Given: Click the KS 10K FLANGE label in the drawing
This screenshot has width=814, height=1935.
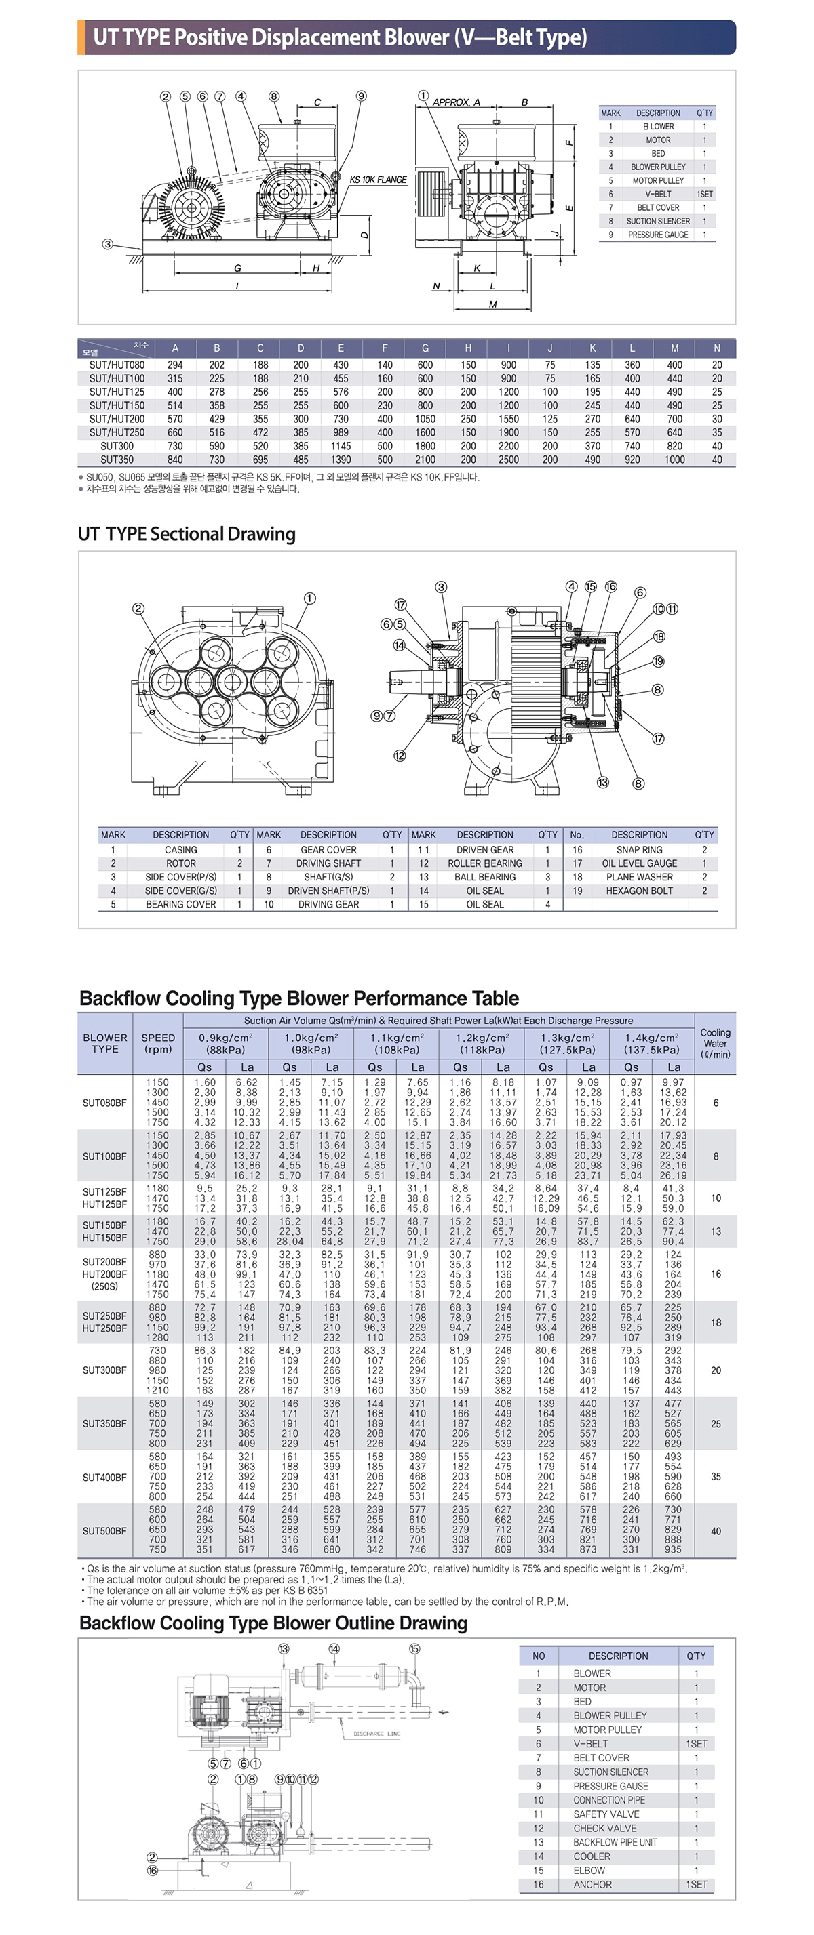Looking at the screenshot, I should click(x=378, y=180).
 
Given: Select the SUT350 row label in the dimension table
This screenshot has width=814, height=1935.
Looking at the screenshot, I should click(x=117, y=460).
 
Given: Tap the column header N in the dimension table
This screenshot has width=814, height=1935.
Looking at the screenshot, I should click(x=716, y=348).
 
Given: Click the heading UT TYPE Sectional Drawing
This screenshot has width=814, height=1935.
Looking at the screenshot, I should click(x=187, y=534).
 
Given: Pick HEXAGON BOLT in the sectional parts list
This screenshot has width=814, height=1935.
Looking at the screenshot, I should click(x=639, y=891).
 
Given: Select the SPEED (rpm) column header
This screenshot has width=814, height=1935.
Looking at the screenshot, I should click(x=158, y=1043).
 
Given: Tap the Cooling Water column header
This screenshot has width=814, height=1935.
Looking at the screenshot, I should click(x=715, y=1043).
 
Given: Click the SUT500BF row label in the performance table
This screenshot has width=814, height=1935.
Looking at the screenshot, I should click(x=104, y=1531).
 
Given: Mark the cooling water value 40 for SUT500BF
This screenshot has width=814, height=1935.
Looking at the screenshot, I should click(x=716, y=1531).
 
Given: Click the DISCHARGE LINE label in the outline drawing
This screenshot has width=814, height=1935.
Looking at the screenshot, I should click(x=376, y=1734).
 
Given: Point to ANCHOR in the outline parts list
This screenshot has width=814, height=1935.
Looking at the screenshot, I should click(x=592, y=1885).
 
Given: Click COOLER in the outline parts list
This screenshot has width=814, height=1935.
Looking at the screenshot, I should click(x=592, y=1856).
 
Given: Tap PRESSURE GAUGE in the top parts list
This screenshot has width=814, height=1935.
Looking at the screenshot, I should click(x=658, y=235).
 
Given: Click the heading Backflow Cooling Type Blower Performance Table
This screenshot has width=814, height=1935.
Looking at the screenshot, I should click(x=298, y=998).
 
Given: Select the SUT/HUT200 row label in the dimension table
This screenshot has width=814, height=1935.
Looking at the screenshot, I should click(x=117, y=419).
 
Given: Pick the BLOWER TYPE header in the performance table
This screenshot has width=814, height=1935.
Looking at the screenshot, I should click(x=104, y=1043).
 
